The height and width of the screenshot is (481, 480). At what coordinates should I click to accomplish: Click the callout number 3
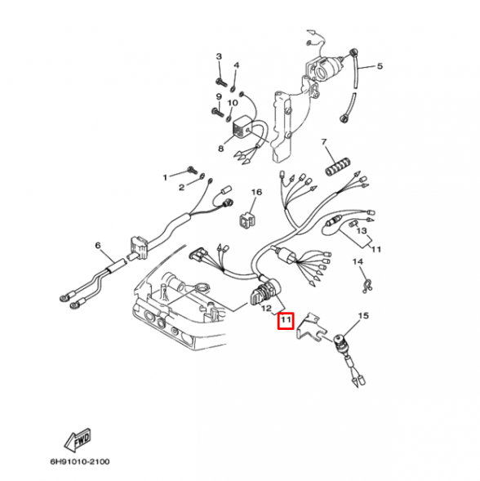point(219,56)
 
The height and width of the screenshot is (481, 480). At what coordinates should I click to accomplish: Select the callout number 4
point(236,65)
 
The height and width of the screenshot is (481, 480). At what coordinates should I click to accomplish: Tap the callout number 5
point(379,66)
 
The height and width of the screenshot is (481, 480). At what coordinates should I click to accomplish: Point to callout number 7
point(323,142)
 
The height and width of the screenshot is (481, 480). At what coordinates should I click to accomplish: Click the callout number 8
point(220,149)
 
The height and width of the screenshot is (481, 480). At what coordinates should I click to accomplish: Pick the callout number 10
point(233,103)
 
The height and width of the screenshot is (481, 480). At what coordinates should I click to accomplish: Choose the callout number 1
point(164,176)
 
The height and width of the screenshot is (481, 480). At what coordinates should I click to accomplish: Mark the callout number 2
point(182,187)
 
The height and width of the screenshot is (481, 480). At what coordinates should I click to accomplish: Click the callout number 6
point(97,245)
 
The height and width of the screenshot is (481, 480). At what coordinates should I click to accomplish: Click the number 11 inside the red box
point(285,321)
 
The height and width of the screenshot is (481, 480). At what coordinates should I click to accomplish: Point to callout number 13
point(362,231)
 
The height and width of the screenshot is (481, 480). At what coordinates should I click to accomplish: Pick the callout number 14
point(357,261)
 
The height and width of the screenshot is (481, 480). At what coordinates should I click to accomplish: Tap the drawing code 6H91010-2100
point(79,462)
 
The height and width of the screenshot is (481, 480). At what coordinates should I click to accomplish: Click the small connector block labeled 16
point(245,219)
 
